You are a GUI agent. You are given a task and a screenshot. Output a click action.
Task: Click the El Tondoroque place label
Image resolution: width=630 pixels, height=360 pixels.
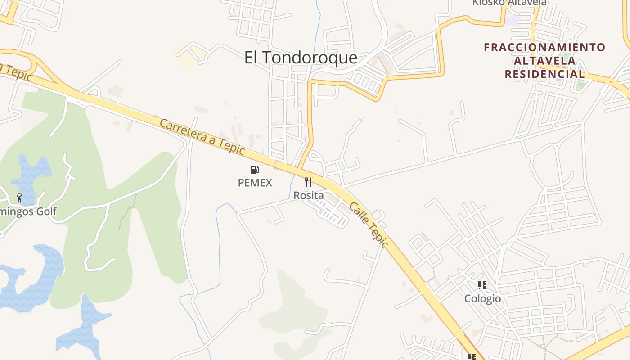301,58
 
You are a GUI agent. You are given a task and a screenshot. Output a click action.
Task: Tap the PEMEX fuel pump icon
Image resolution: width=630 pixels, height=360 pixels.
255,170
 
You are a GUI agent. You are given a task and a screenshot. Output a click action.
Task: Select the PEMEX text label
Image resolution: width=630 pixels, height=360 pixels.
255,183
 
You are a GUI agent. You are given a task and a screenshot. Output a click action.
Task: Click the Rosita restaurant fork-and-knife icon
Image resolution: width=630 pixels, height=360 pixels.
308,182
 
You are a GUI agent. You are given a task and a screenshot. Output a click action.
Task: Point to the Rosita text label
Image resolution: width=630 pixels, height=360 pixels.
308,196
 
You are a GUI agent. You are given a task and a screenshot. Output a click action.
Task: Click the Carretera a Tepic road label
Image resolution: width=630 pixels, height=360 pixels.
202,136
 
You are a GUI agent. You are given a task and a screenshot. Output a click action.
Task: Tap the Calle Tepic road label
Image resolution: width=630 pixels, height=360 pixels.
368,225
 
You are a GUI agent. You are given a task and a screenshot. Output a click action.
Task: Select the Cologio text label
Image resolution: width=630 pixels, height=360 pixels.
482,298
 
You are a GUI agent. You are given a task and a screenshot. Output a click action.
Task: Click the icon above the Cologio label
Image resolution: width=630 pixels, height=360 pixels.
482,285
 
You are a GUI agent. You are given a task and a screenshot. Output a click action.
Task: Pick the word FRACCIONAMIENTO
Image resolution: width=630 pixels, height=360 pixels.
544,47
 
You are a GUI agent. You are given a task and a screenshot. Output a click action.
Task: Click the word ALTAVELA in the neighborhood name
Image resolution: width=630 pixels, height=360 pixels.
544,61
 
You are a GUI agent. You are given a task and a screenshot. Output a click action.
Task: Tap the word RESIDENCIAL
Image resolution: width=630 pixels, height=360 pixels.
544,74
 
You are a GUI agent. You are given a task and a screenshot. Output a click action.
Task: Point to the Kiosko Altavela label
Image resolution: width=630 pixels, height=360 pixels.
509,3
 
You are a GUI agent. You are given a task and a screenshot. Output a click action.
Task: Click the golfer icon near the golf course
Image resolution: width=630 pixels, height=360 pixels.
19,198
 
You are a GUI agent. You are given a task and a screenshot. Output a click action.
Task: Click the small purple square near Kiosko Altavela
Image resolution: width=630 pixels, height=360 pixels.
512,20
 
